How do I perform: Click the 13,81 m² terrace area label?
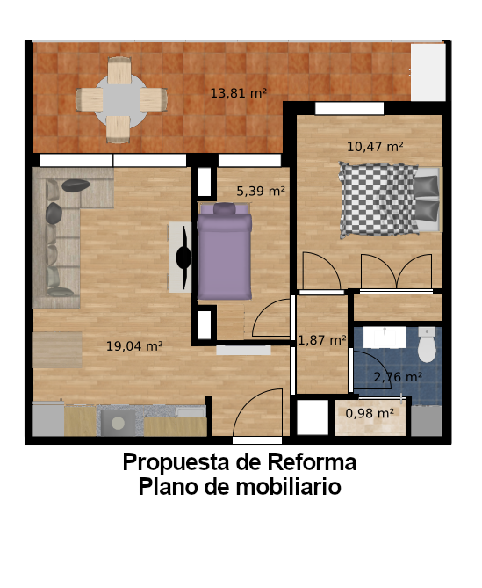pyautogui.click(x=238, y=93)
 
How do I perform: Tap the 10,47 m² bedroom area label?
pyautogui.click(x=375, y=147)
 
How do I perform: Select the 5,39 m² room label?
pyautogui.click(x=261, y=192)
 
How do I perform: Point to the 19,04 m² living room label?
pyautogui.click(x=134, y=345)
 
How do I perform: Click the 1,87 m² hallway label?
pyautogui.click(x=322, y=340)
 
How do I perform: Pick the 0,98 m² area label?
pyautogui.click(x=370, y=413)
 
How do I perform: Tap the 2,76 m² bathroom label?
pyautogui.click(x=398, y=377)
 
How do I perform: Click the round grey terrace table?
pyautogui.click(x=121, y=100)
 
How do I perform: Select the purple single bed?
pyautogui.click(x=225, y=251)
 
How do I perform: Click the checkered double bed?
pyautogui.click(x=390, y=200)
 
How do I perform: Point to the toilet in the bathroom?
pyautogui.click(x=427, y=345)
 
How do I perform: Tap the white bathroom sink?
pyautogui.click(x=385, y=338)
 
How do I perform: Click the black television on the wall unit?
pyautogui.click(x=183, y=258)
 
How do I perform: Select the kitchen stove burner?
pyautogui.click(x=118, y=424)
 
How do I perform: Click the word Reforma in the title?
pyautogui.click(x=312, y=462)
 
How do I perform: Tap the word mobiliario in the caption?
pyautogui.click(x=288, y=487)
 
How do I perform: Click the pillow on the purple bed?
pyautogui.click(x=225, y=208)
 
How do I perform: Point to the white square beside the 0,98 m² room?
pyautogui.click(x=313, y=417)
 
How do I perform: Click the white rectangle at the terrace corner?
pyautogui.click(x=428, y=72)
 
